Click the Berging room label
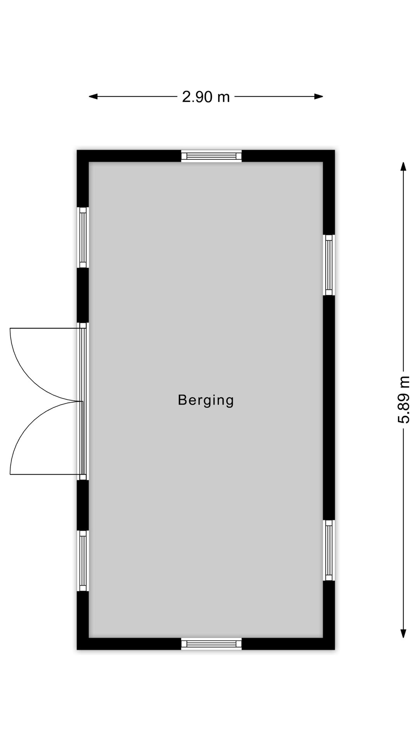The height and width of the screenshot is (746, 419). (x=206, y=400)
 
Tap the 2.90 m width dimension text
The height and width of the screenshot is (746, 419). (x=206, y=97)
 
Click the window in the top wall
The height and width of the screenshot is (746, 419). (x=211, y=156)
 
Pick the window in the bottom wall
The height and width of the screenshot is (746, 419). (x=211, y=644)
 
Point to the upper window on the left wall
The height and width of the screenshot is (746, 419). (x=83, y=237)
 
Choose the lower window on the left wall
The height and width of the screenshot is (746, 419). (x=83, y=561)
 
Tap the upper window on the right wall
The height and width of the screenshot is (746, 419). (x=329, y=265)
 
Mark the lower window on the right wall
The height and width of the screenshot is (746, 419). (x=329, y=550)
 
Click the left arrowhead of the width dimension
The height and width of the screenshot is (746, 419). (x=93, y=97)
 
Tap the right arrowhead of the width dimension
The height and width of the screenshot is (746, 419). (x=319, y=97)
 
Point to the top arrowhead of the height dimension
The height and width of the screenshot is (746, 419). (x=403, y=166)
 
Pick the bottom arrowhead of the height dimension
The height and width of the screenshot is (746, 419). (x=403, y=633)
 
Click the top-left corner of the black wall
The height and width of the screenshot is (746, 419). (x=77, y=150)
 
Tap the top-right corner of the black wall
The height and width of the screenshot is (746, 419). (x=334, y=150)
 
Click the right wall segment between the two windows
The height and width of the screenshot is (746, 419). (x=329, y=408)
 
